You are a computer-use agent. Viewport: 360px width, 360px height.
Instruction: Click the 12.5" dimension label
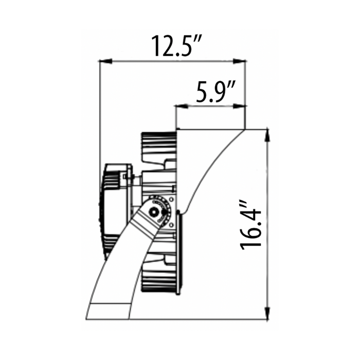(x=177, y=46)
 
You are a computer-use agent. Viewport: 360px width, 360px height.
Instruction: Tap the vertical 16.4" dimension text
(x=251, y=225)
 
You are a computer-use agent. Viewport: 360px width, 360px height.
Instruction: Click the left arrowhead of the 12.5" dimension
(x=105, y=61)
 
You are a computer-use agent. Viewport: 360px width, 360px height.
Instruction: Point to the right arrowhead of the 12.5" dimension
(x=240, y=61)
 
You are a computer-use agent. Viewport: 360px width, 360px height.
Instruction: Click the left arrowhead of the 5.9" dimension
(x=182, y=106)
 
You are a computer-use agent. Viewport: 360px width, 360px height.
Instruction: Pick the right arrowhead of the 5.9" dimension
(x=240, y=106)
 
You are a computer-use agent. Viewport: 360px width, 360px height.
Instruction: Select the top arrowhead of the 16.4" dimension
(x=268, y=136)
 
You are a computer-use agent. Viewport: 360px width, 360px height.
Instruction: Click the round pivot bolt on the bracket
(x=153, y=211)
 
